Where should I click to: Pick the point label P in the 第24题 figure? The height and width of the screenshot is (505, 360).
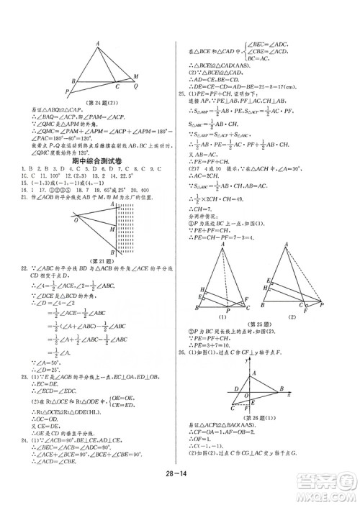click(67, 91)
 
